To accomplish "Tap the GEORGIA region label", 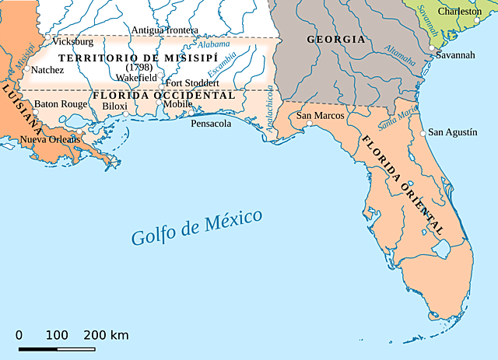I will coord(335,39).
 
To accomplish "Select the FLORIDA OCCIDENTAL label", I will coord(163,95).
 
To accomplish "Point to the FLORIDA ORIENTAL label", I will coord(402,184).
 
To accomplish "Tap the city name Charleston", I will coord(460,12).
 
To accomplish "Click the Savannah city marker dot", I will coord(432,48).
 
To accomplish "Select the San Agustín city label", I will coord(453,132).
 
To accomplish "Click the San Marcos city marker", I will coord(309,123).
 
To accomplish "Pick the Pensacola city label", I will coord(211,123).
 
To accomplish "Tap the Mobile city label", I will coord(177,104).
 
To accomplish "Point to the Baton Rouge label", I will coord(61,103).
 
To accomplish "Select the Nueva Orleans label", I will coord(50,139).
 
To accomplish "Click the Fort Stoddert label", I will coord(192,82).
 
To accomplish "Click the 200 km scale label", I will coord(106,335).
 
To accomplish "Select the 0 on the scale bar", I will coord(19,335).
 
